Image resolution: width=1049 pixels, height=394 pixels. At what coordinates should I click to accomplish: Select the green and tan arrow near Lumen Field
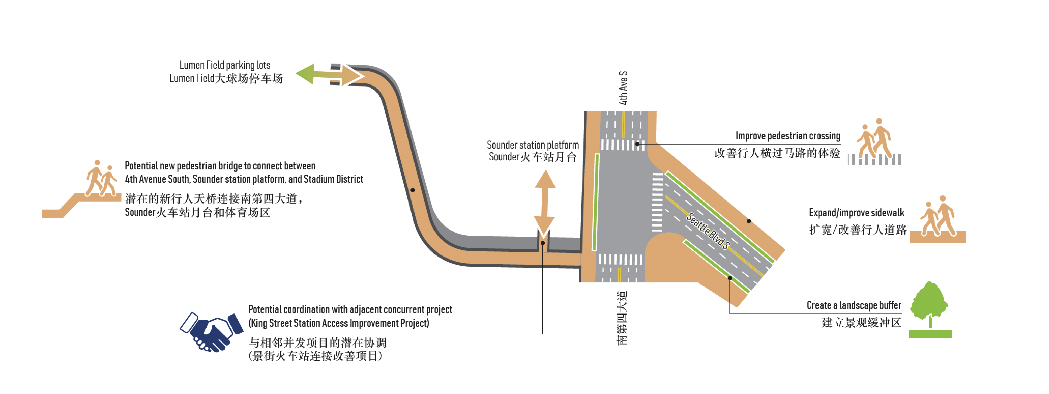(x=329, y=75)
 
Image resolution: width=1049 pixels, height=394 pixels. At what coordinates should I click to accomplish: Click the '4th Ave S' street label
(x=623, y=88)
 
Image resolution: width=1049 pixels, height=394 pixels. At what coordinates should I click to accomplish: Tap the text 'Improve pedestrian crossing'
(x=788, y=136)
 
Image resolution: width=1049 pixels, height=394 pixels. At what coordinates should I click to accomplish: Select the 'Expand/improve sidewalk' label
(x=856, y=213)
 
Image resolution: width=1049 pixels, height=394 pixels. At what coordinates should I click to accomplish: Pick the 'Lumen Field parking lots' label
(x=225, y=65)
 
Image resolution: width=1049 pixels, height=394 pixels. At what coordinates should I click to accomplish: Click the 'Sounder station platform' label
(x=533, y=145)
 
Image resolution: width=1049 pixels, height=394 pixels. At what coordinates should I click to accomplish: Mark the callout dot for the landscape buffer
(x=730, y=278)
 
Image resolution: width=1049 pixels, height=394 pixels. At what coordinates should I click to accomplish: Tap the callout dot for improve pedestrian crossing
(x=637, y=144)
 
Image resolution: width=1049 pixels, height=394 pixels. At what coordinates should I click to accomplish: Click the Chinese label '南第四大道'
(x=622, y=318)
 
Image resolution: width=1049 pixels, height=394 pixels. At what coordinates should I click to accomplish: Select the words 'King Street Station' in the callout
(x=285, y=323)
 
